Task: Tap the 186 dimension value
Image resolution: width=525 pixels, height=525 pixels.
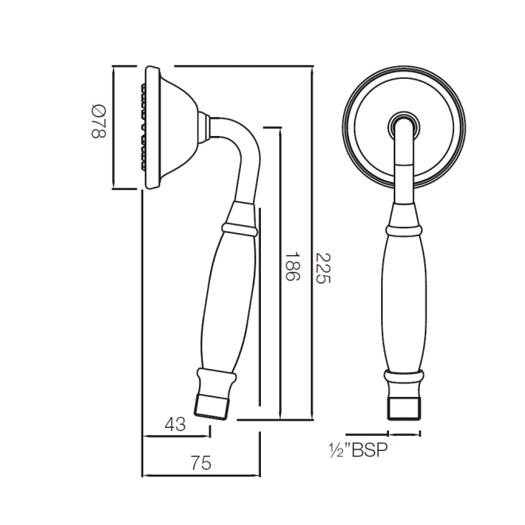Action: point(291,268)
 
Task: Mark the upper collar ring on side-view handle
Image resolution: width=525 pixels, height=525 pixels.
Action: point(239,229)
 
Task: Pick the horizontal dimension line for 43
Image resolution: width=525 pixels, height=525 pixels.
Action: point(176,436)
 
